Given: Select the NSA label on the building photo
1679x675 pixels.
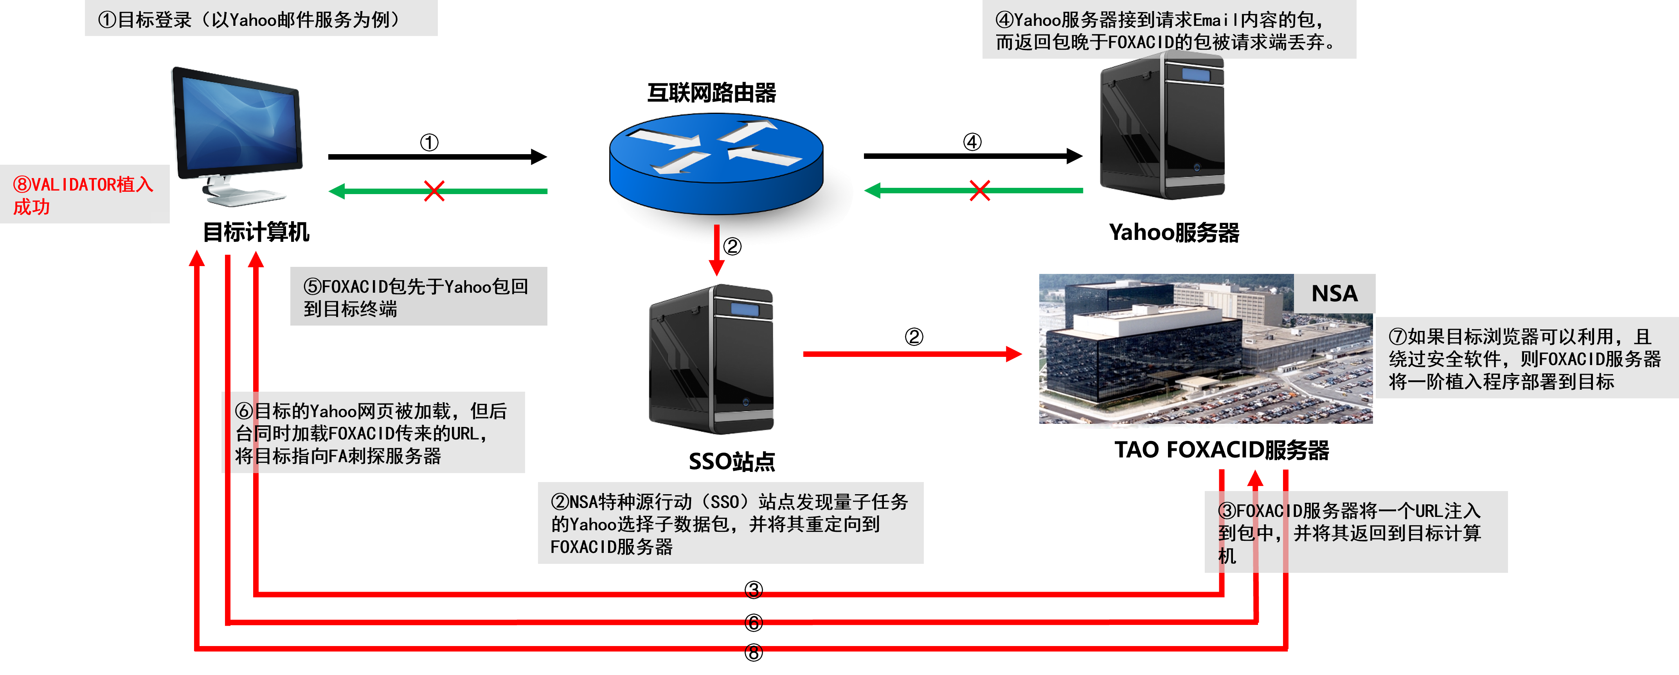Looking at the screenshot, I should (1334, 293).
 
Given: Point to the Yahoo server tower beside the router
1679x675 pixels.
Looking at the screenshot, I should (1162, 127).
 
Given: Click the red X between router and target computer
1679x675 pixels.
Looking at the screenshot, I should (434, 191).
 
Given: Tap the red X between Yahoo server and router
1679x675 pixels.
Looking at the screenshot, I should (980, 191).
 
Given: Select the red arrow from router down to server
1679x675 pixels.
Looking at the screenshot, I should (717, 251).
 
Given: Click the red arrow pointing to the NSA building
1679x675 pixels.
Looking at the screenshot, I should (912, 354).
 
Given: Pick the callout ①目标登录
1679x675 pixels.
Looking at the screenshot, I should (261, 19).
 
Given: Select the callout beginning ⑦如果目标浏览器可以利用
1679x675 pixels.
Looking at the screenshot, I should (1525, 358).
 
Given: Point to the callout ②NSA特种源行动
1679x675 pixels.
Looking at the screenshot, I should (730, 523).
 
